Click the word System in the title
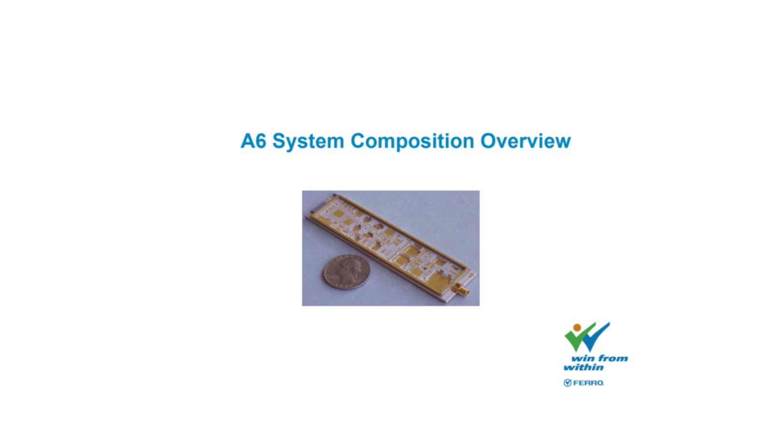[308, 141]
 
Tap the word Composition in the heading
[413, 141]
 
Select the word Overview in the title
[526, 141]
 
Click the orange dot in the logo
[577, 328]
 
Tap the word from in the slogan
[613, 358]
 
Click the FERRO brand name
[588, 383]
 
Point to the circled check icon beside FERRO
[568, 383]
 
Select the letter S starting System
[279, 141]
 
